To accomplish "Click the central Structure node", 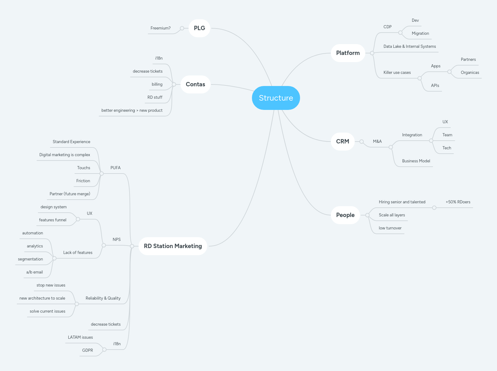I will (276, 98).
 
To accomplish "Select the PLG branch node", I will (199, 28).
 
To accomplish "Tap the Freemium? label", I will (160, 28).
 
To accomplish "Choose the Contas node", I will (195, 84).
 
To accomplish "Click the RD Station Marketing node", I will (173, 246).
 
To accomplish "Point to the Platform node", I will (348, 53).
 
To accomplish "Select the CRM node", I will (342, 142).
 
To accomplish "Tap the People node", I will (345, 215).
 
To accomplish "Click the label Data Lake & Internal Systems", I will (409, 47).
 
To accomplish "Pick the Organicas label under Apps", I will (470, 73).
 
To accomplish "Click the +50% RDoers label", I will (458, 202).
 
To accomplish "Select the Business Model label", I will (416, 161).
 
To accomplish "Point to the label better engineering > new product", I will (132, 111).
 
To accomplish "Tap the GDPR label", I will (87, 351).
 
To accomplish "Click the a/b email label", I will (34, 272).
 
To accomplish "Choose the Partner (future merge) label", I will (70, 194).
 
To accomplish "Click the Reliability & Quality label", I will (103, 298).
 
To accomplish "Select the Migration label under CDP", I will (420, 34).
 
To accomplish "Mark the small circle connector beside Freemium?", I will (182, 28).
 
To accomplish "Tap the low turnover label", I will (390, 228).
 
